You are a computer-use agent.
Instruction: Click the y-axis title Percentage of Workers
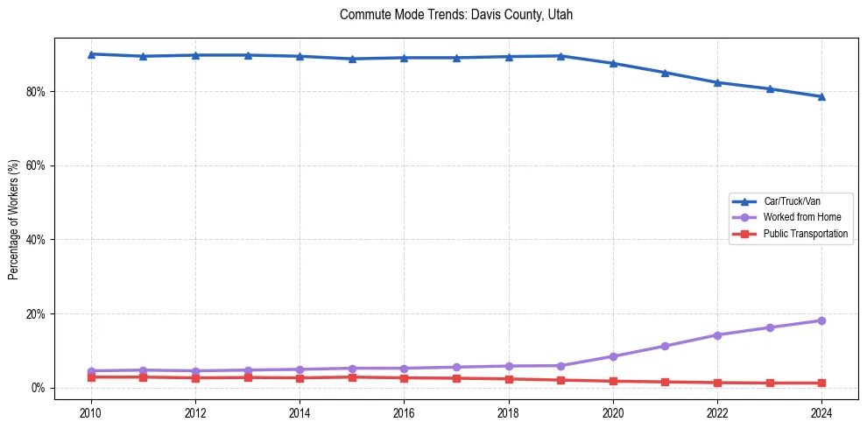click(x=14, y=219)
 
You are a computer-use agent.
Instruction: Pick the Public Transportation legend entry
click(x=805, y=234)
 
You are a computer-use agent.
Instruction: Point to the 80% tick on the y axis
click(x=37, y=91)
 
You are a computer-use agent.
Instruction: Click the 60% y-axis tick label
click(x=37, y=165)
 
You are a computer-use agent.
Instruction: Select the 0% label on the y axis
click(x=39, y=388)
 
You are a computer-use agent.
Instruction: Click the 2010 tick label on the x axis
click(x=90, y=412)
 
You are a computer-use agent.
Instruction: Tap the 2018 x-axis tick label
click(x=509, y=412)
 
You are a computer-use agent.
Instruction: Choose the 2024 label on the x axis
click(x=821, y=412)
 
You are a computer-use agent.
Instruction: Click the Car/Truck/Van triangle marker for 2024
click(x=821, y=96)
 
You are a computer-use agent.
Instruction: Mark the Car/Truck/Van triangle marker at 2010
click(x=90, y=54)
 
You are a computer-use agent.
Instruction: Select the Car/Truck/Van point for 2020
click(x=613, y=63)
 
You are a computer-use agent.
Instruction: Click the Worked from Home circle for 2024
click(x=821, y=320)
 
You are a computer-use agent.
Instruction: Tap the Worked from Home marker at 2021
click(x=665, y=346)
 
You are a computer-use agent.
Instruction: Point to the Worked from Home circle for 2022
click(x=717, y=334)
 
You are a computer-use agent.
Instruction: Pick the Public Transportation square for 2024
click(x=821, y=383)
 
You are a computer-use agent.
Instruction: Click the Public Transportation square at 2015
click(x=352, y=377)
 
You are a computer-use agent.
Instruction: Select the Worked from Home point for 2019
click(x=560, y=365)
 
